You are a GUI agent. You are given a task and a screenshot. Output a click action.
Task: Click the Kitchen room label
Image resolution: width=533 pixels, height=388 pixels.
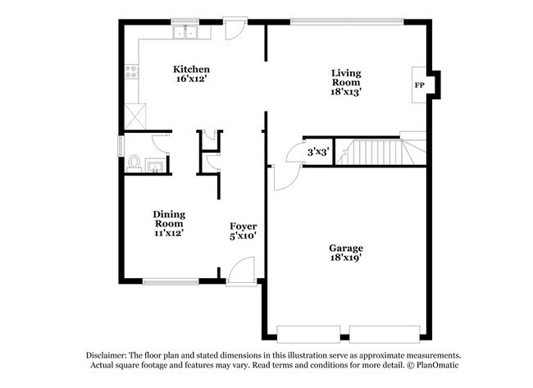(192, 69)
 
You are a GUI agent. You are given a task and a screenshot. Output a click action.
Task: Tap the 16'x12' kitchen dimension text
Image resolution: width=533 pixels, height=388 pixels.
(192, 80)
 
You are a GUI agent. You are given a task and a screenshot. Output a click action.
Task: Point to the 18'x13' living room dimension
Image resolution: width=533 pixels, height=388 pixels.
(346, 93)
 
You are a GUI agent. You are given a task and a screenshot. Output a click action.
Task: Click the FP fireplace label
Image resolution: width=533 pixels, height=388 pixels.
(419, 84)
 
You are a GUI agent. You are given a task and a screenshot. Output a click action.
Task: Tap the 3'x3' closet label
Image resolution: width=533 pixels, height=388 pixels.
(317, 152)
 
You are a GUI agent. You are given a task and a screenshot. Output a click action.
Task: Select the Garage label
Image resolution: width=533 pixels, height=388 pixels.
(346, 248)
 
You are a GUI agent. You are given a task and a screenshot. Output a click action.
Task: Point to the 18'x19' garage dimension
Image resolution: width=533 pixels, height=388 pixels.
(346, 258)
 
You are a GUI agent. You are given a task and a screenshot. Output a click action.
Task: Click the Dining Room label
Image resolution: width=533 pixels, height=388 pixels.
(168, 218)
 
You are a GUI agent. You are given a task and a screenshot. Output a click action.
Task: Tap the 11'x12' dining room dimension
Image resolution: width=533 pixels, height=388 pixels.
(168, 233)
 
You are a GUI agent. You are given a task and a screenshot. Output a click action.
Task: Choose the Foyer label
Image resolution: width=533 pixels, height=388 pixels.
(243, 226)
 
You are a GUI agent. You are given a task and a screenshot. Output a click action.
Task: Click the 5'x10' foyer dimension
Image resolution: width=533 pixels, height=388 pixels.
(243, 236)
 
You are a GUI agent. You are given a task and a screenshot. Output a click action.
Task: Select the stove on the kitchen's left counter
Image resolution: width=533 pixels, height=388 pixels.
(131, 72)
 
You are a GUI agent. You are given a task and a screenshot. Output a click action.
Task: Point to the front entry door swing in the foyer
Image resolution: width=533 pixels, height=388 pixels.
(239, 271)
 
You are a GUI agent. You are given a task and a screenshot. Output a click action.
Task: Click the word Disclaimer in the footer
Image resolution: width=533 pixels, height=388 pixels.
(112, 354)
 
